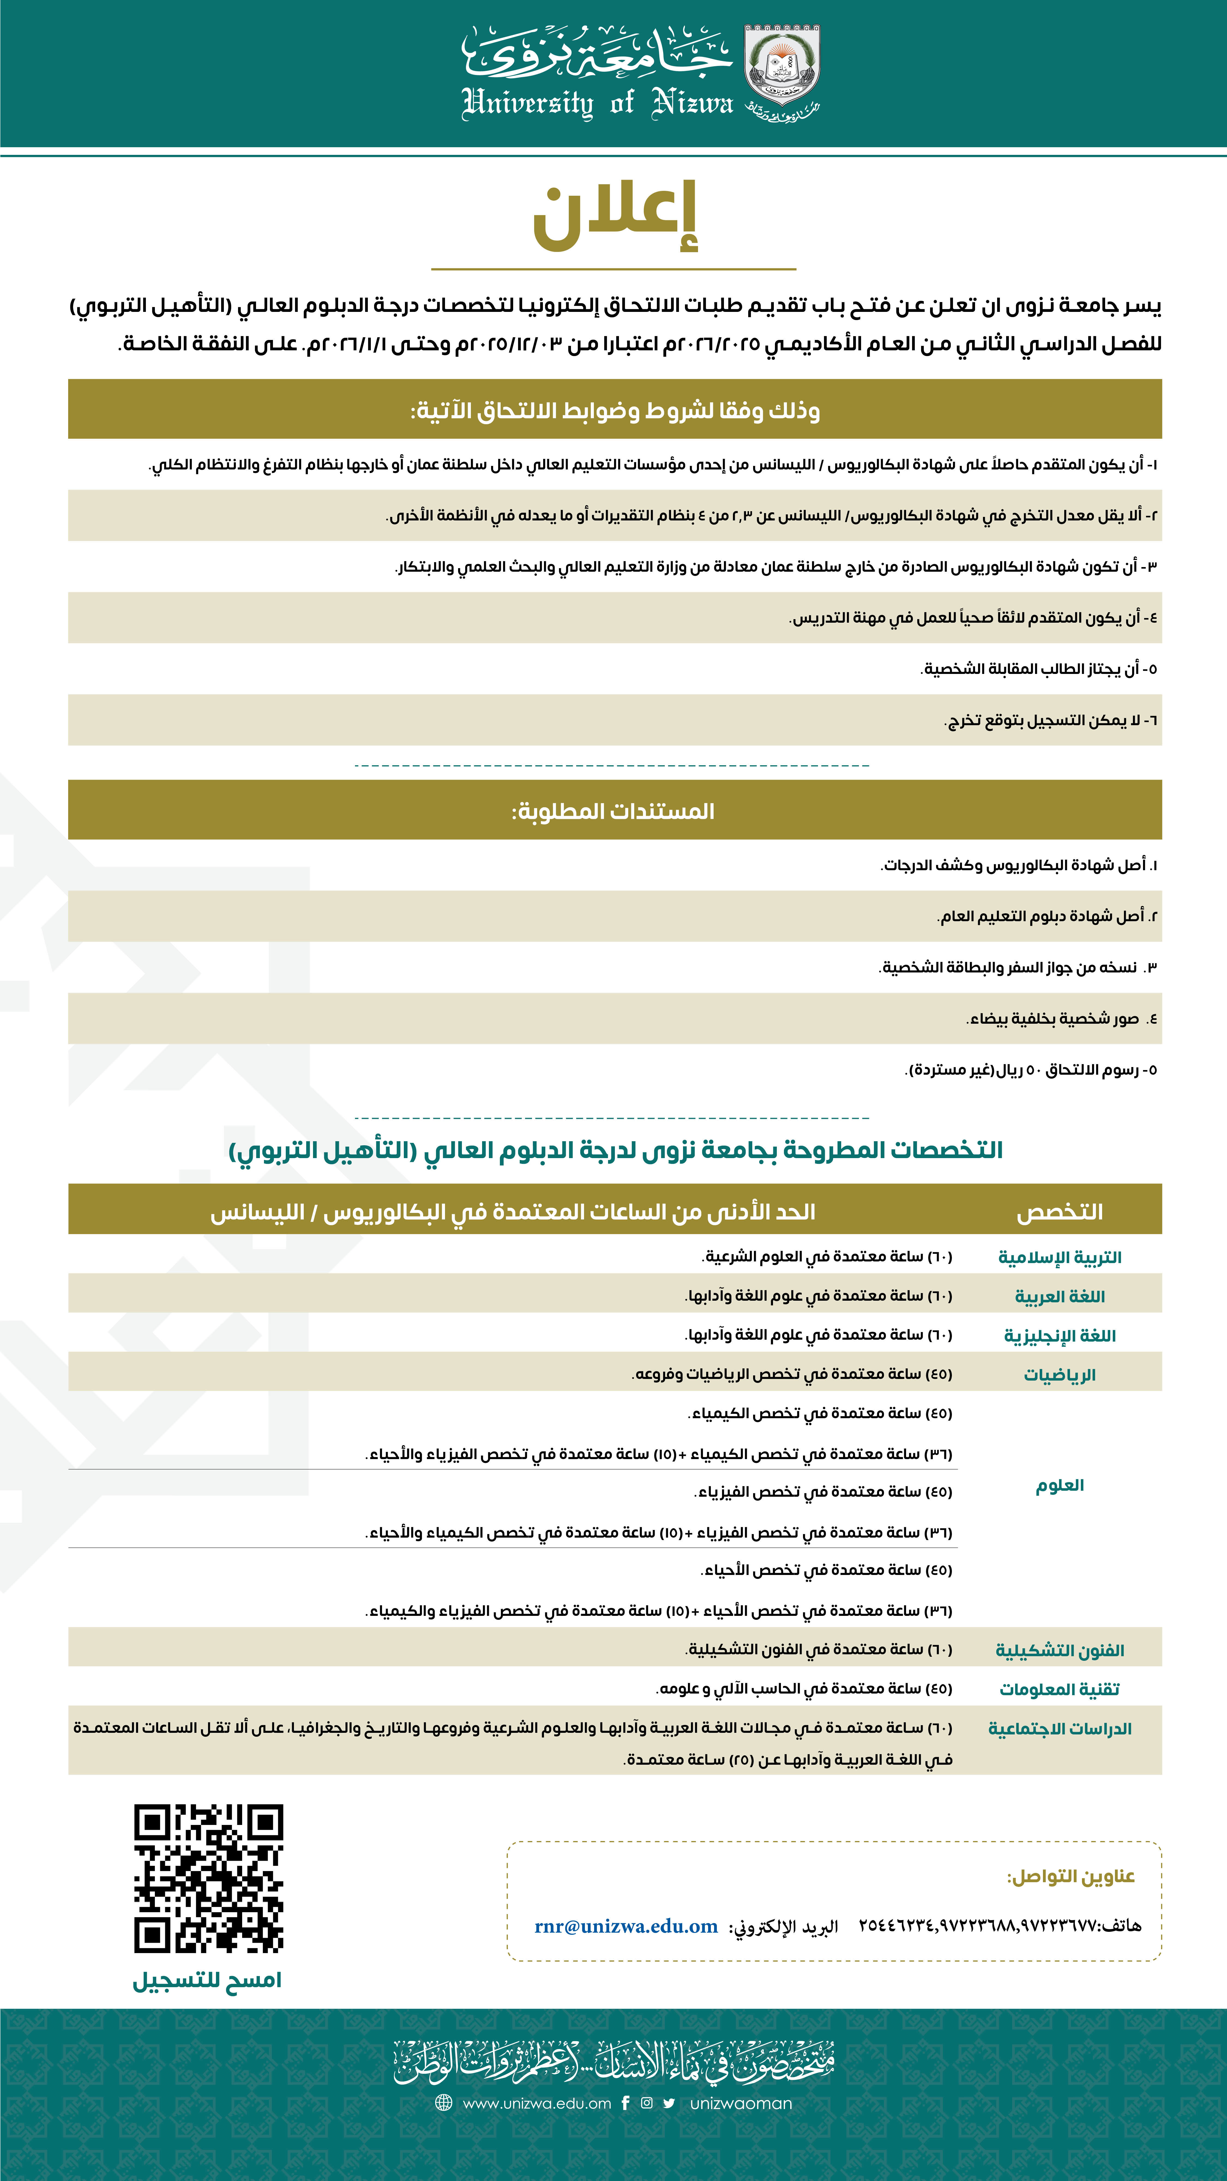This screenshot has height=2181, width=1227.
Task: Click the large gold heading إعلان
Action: click(x=615, y=217)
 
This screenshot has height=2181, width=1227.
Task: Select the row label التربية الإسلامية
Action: click(x=1059, y=1257)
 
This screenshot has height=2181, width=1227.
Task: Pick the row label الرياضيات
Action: click(x=1059, y=1375)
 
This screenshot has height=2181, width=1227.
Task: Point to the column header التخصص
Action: click(x=1059, y=1212)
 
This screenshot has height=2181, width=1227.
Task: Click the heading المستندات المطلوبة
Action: click(x=613, y=811)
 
